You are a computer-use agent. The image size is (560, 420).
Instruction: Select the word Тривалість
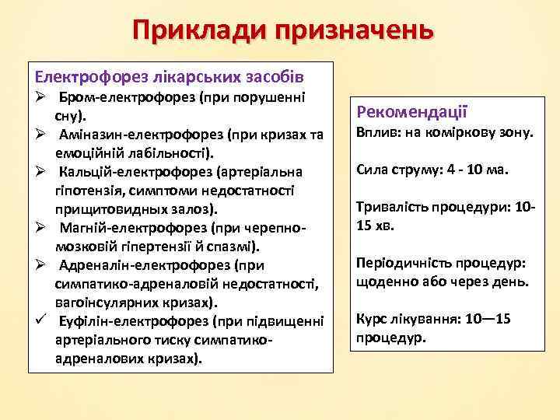click(390, 208)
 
